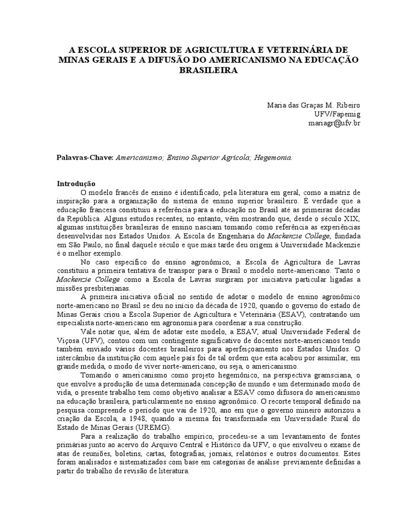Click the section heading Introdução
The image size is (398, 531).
[76, 183]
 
